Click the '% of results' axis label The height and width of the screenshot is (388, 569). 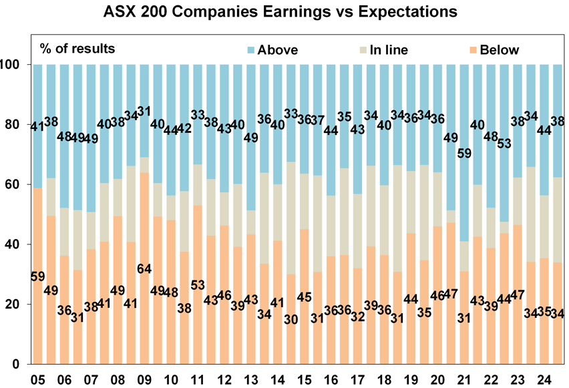pyautogui.click(x=77, y=48)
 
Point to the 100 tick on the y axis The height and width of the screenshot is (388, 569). pyautogui.click(x=17, y=65)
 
